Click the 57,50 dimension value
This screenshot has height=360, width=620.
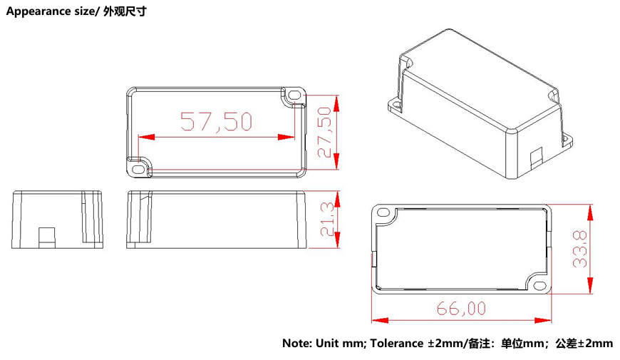click(216, 122)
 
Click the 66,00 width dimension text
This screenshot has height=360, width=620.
click(461, 308)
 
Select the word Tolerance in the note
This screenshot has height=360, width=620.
click(396, 343)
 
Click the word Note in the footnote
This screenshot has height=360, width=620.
click(296, 343)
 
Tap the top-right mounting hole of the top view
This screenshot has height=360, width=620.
click(294, 93)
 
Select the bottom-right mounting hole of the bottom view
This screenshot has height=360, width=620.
click(539, 287)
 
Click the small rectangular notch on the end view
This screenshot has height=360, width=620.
click(46, 236)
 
